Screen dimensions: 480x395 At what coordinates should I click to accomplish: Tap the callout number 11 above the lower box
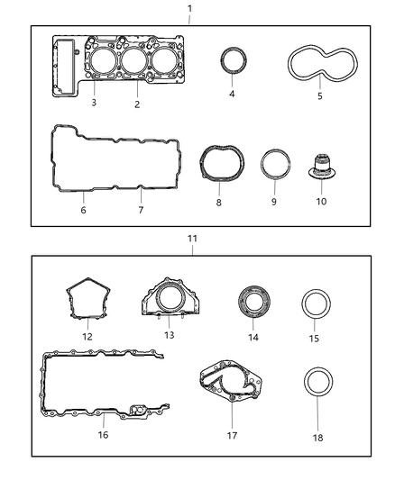(191, 240)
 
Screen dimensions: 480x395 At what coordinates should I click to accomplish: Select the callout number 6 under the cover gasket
(82, 210)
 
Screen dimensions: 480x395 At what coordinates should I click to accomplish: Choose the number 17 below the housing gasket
(232, 435)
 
